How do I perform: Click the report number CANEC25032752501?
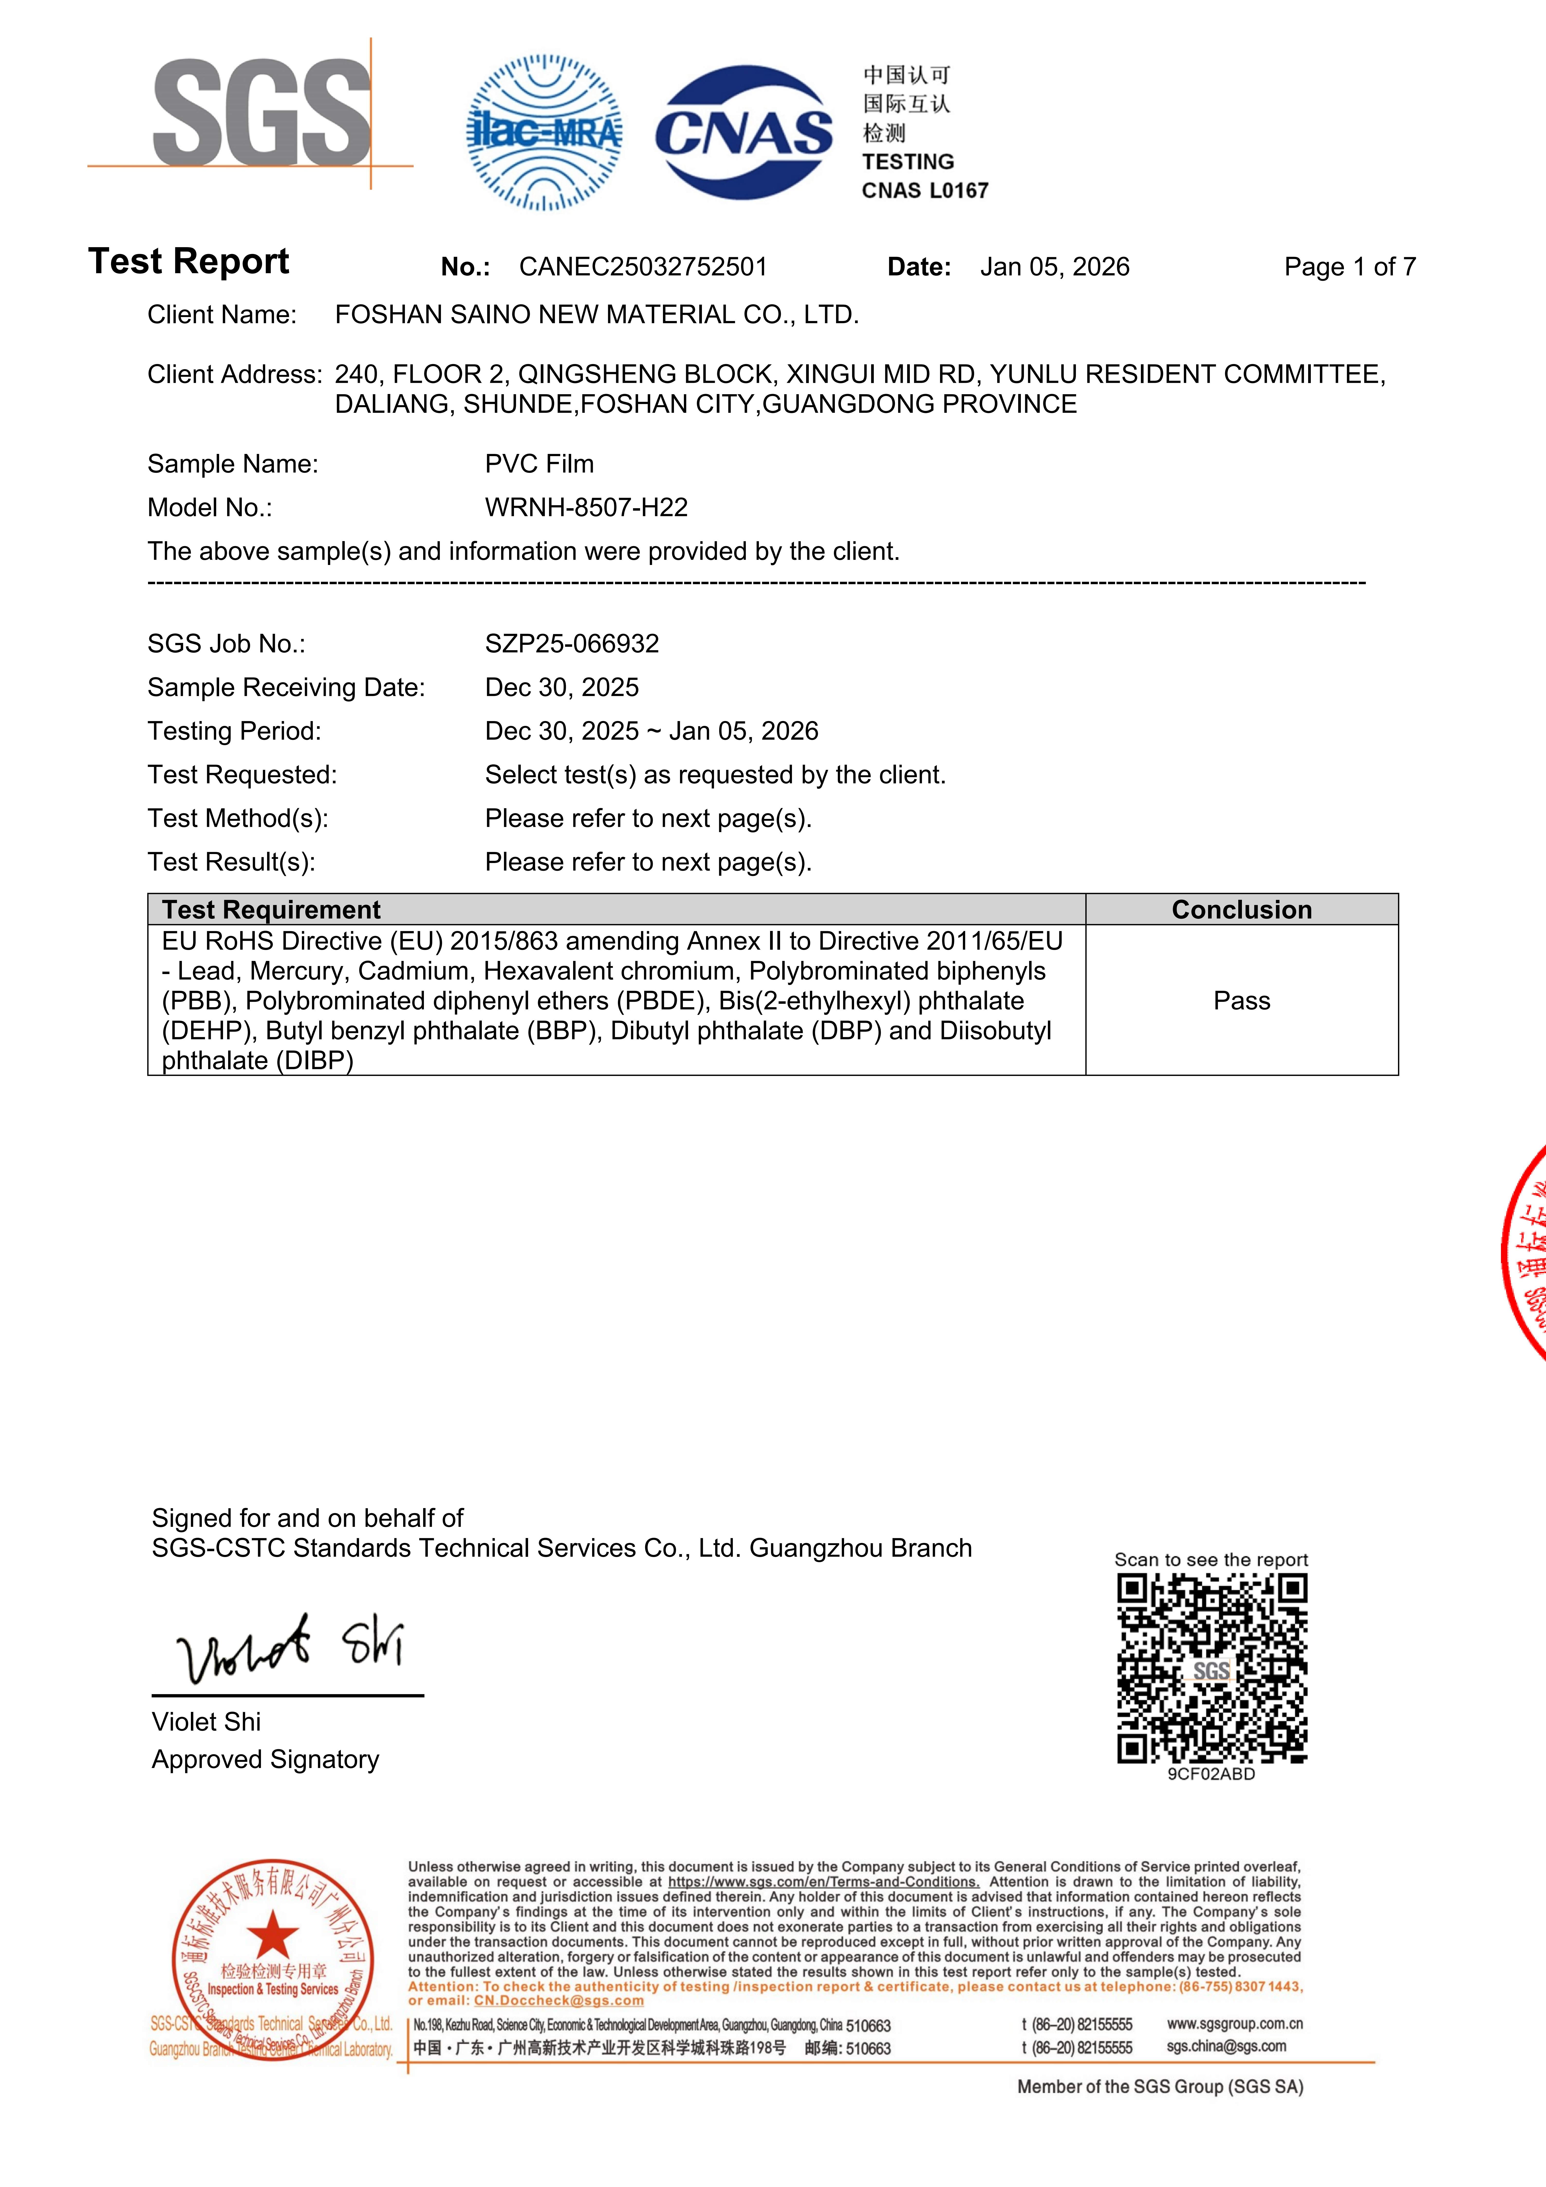coord(643,267)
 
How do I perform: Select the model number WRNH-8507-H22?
coord(586,508)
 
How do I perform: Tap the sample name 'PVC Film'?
coord(539,464)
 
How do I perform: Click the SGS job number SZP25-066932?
coord(572,644)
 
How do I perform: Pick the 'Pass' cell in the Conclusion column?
coord(1241,1001)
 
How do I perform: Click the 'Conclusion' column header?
coord(1241,910)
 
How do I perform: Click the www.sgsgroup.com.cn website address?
coord(1235,2023)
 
